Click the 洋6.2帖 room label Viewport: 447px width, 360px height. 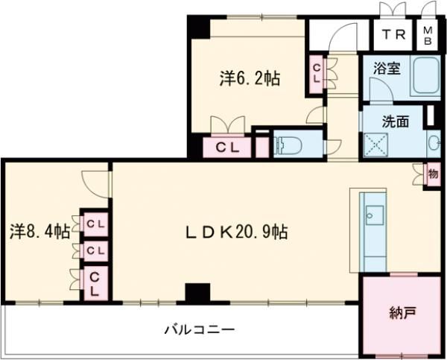click(250, 78)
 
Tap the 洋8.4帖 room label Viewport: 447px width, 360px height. click(39, 231)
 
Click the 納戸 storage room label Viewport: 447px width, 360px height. click(402, 314)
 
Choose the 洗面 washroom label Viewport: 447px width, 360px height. click(396, 121)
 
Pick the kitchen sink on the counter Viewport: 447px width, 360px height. click(374, 217)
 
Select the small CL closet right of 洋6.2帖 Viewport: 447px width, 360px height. click(317, 74)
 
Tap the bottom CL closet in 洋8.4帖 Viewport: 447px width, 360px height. click(95, 285)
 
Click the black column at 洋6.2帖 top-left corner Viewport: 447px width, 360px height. click(197, 28)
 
